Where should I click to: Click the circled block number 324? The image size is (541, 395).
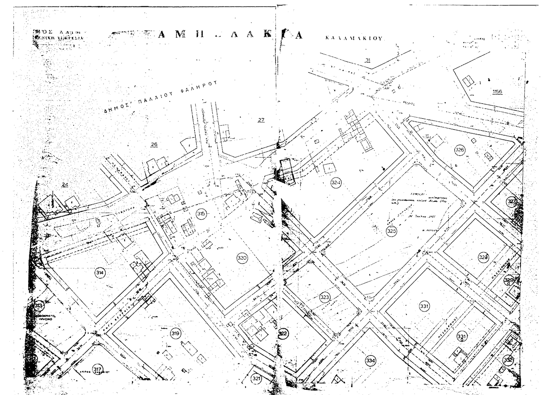[336, 183]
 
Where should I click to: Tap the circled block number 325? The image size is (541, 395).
[392, 230]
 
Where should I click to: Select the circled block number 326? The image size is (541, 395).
[459, 150]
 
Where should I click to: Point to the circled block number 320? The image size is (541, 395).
[242, 258]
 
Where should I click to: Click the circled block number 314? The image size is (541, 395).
[100, 273]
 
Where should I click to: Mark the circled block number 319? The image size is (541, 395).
[175, 333]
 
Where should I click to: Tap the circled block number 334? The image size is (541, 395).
[370, 360]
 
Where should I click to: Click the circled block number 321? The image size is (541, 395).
[257, 379]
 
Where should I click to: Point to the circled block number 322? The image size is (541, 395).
[283, 334]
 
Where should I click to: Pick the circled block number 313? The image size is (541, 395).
[39, 306]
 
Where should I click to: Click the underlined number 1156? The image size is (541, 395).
[497, 92]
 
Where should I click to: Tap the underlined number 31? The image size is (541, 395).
[368, 60]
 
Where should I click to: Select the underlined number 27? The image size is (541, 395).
[261, 121]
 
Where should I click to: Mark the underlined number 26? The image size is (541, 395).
[154, 145]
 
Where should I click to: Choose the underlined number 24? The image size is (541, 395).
[65, 185]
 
